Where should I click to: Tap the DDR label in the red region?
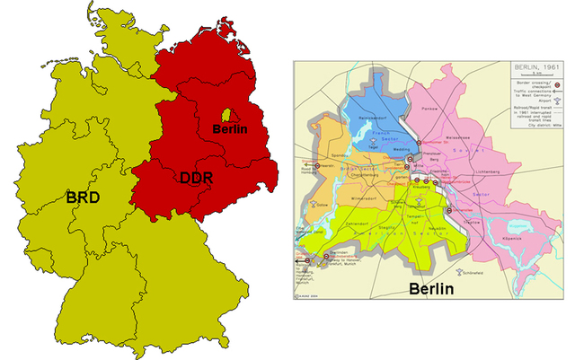tap(190, 179)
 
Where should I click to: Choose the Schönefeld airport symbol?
tap(460, 268)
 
